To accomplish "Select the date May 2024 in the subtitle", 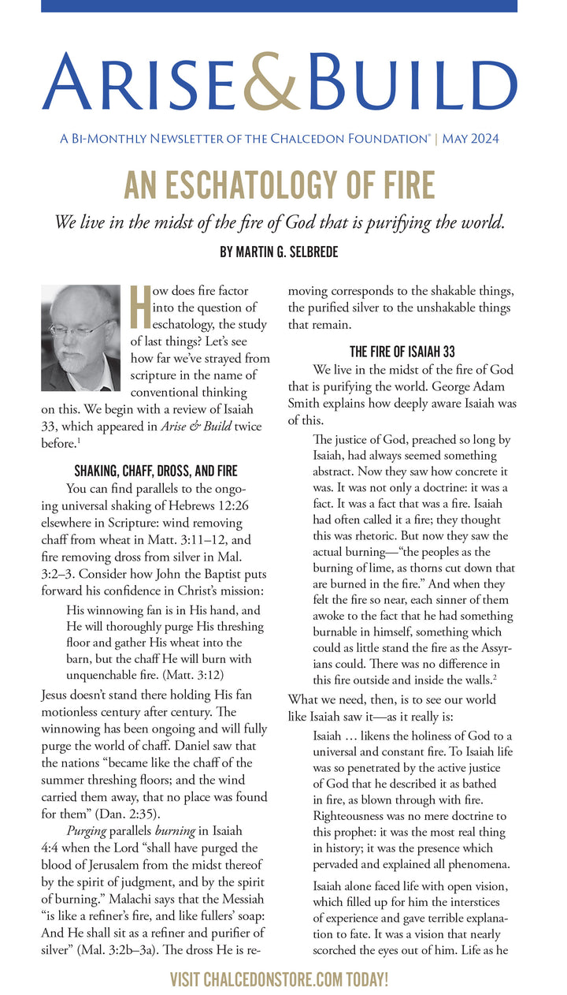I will tap(470, 139).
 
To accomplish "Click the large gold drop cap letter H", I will tap(139, 307).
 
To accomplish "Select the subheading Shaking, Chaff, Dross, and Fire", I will tap(155, 471).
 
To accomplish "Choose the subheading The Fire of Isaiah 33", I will tap(402, 352).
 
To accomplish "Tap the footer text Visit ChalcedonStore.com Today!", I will tap(280, 980).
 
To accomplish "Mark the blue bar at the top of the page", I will tap(279, 6).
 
